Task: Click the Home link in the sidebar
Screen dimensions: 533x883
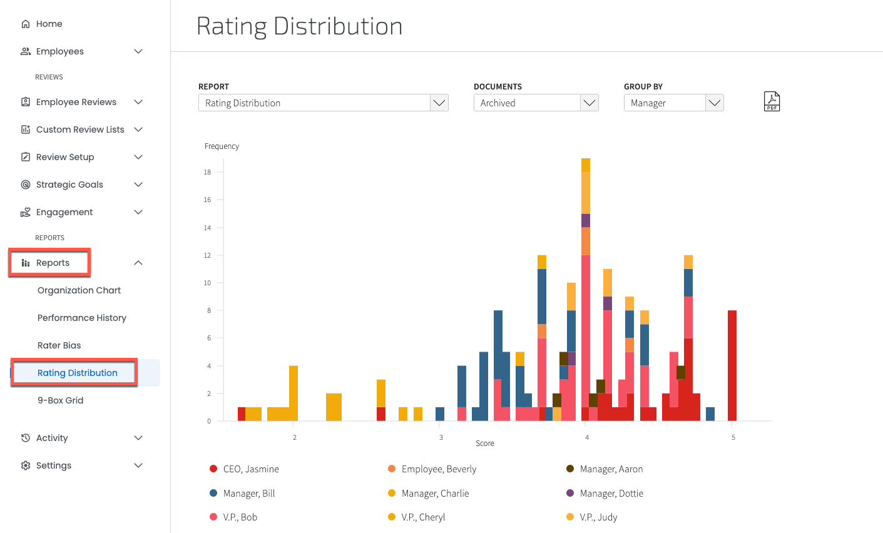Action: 49,24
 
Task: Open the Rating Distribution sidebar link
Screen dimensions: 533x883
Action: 77,373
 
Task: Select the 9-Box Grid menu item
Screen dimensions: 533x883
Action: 60,400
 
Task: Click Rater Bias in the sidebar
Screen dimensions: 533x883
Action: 59,345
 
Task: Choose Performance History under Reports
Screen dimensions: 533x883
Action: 81,318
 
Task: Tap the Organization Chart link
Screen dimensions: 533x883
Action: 79,290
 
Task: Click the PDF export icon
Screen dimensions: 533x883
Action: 772,101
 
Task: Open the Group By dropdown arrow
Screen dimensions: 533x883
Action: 714,103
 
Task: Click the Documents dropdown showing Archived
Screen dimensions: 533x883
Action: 536,103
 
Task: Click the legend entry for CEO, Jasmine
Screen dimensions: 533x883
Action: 250,469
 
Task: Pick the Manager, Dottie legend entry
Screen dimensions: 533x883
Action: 611,494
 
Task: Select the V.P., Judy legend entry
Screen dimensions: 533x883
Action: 598,517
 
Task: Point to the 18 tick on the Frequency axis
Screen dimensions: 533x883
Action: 207,172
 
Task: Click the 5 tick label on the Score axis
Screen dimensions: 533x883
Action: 733,437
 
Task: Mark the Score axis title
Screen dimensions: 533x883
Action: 484,444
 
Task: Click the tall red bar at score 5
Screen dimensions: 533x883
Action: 732,365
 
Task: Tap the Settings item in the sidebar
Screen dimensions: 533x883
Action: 53,465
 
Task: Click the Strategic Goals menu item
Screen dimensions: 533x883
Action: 69,185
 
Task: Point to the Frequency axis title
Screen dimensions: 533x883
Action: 222,146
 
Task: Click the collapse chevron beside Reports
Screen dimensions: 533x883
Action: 138,263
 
